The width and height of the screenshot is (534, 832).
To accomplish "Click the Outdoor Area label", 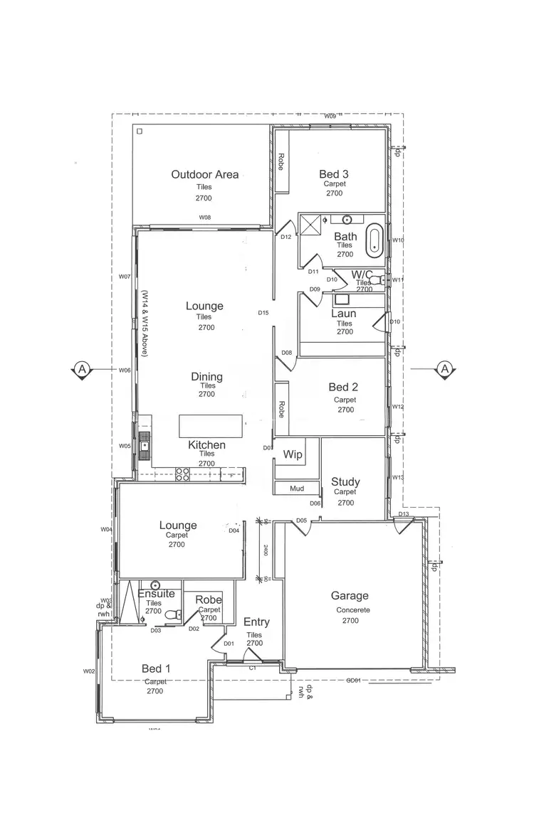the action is click(204, 174).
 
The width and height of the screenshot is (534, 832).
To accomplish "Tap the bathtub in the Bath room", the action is click(375, 241).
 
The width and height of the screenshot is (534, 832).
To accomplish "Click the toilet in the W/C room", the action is click(382, 279).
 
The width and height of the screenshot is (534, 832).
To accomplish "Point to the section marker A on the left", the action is click(83, 369).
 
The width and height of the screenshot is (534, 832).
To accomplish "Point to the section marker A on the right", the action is click(444, 369).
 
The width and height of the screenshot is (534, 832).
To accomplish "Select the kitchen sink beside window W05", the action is click(145, 446).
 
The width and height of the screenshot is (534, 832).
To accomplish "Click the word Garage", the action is click(350, 596).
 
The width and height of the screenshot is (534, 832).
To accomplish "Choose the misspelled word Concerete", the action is click(349, 610).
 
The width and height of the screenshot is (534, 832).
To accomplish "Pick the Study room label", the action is click(345, 481).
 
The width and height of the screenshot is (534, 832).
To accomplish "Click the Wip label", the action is click(293, 454).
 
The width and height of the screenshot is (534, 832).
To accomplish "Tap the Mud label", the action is click(297, 489).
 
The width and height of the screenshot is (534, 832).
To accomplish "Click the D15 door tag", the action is click(263, 313).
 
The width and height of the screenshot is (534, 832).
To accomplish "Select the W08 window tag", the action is click(205, 217).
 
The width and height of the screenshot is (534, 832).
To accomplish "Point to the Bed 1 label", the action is click(156, 668).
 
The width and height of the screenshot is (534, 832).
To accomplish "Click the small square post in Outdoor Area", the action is click(139, 131).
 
